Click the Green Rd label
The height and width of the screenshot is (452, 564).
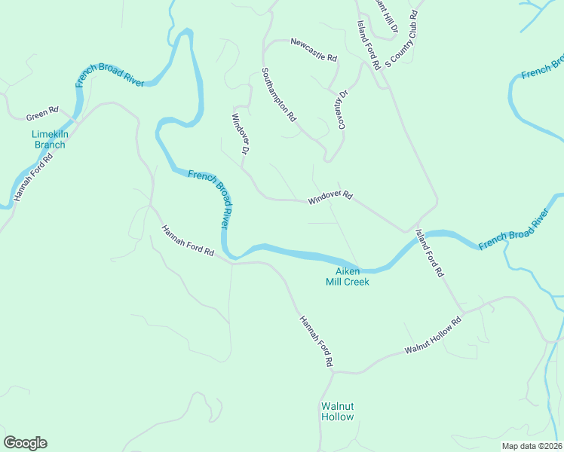pos(42,114)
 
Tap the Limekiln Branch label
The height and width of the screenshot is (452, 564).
pos(48,139)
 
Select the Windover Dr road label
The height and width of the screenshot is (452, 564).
pos(240,133)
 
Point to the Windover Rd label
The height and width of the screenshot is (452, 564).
pos(330,198)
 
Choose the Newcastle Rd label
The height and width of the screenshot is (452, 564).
pos(313,49)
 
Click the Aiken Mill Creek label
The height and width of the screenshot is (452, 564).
pos(347,276)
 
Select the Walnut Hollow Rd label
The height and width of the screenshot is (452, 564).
pos(433,336)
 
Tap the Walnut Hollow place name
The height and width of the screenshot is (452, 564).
pos(337,411)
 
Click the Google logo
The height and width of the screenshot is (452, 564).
pos(25,443)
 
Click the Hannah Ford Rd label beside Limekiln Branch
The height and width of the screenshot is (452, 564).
pos(33,178)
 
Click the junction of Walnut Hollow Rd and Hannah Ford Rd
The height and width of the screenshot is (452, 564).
pos(333,371)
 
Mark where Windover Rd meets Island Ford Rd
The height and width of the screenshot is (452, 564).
pos(407,231)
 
